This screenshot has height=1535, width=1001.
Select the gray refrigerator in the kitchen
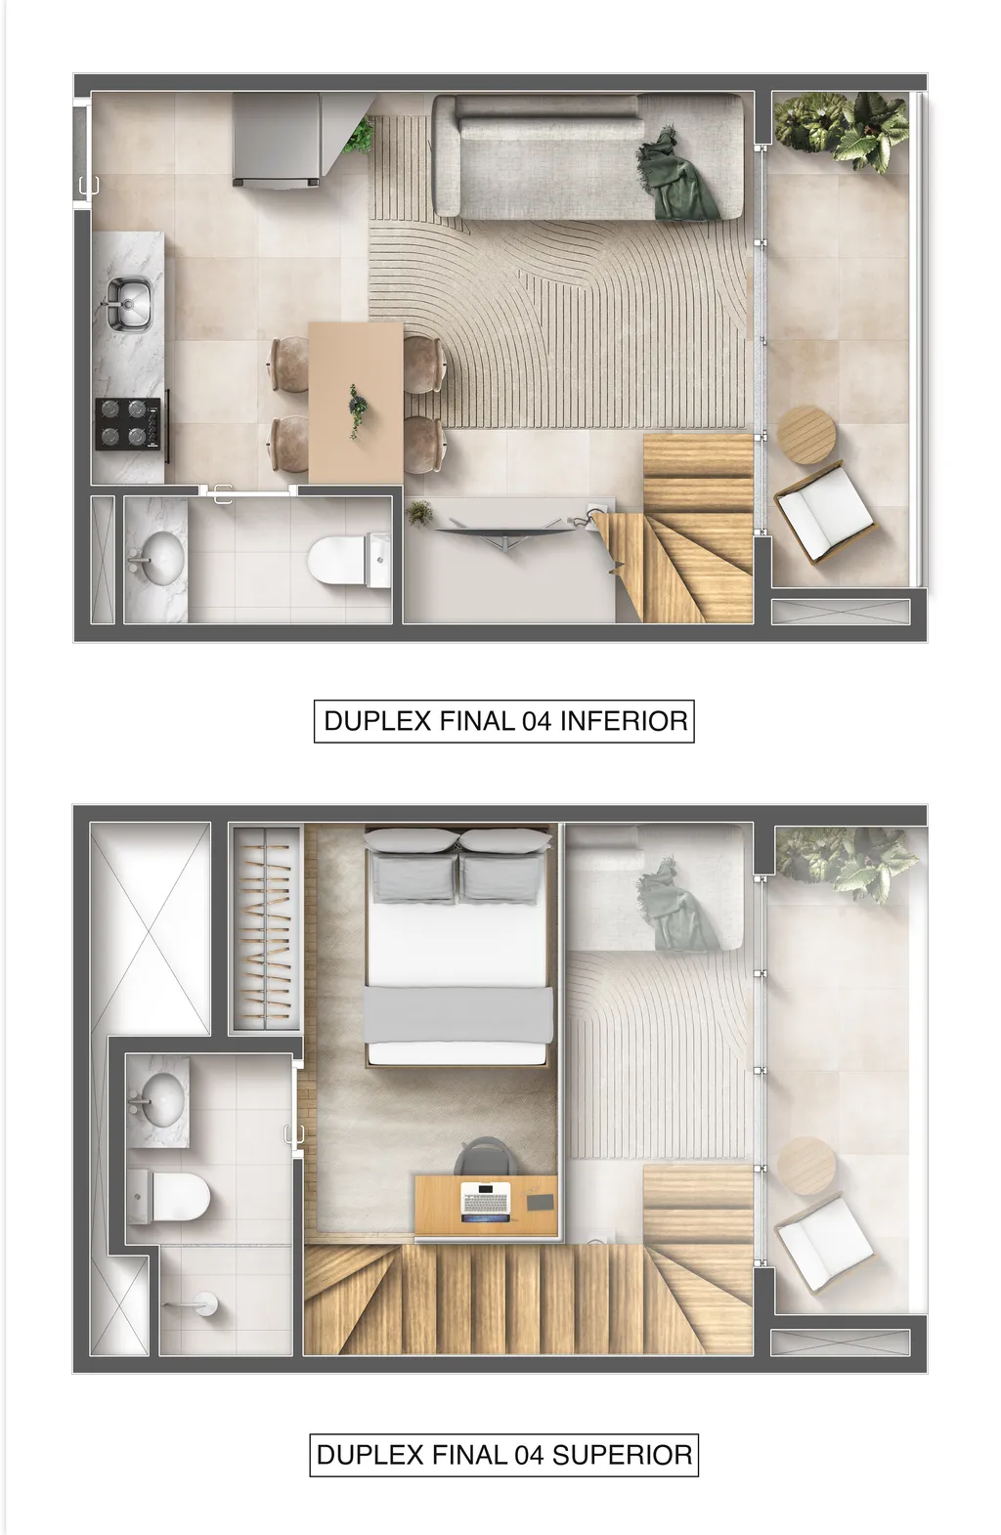(277, 138)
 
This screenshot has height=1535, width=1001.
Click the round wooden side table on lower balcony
(808, 433)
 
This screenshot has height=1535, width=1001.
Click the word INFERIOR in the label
(623, 721)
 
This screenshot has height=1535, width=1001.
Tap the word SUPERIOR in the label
(622, 1455)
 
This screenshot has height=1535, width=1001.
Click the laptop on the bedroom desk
(486, 1201)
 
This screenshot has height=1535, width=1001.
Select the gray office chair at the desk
(484, 1159)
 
